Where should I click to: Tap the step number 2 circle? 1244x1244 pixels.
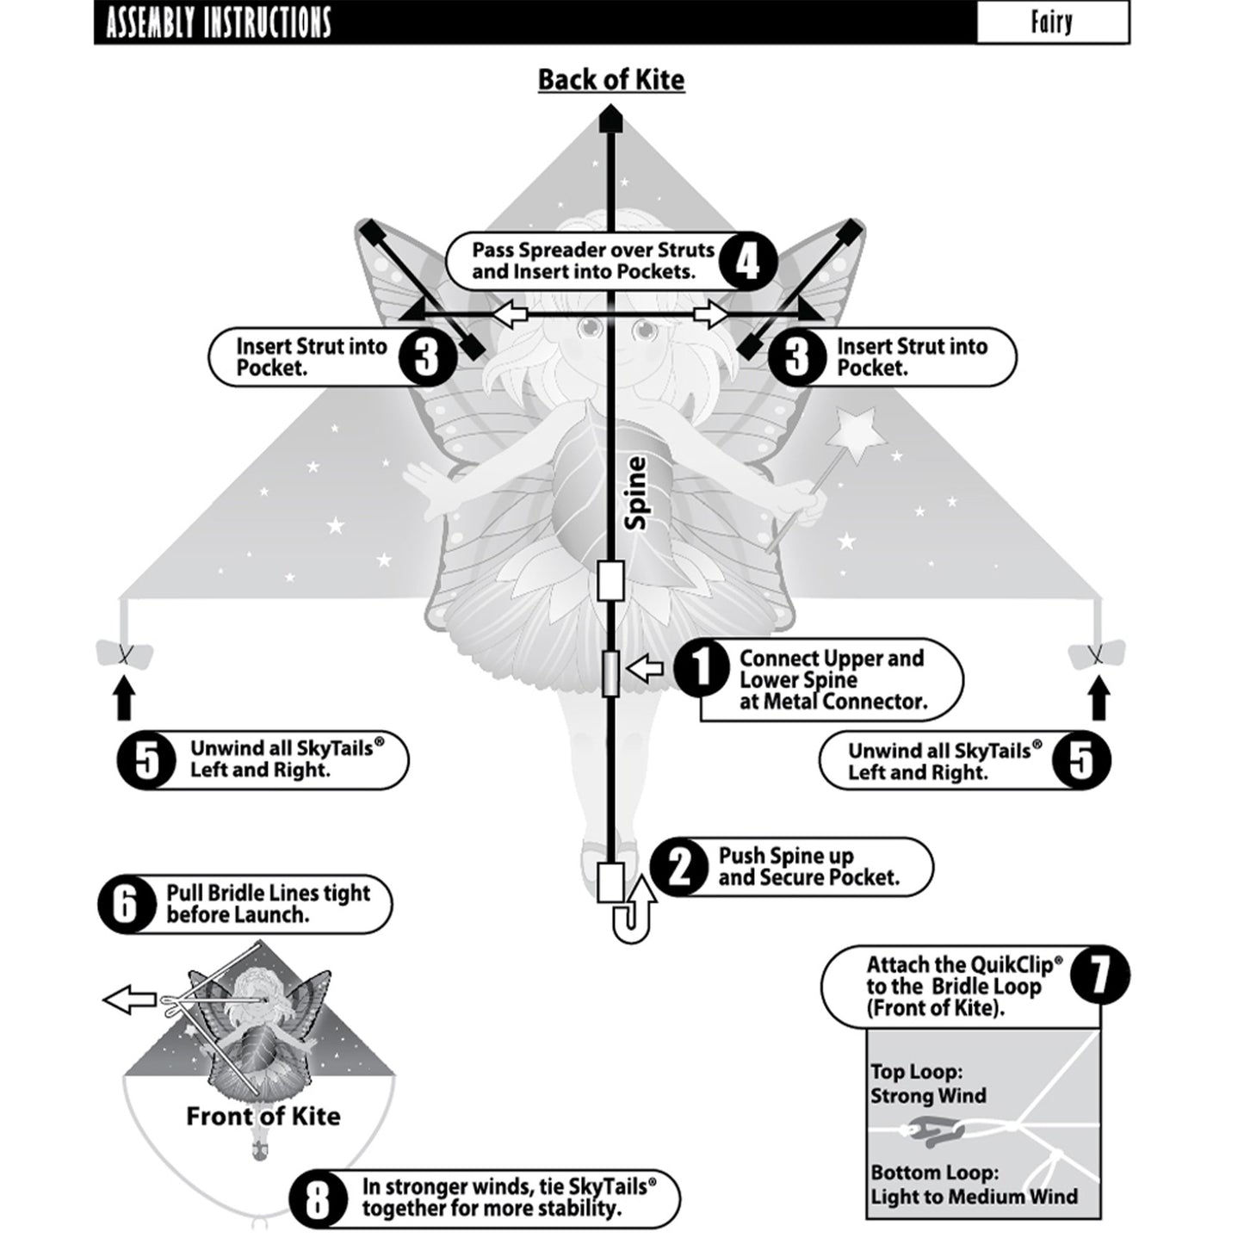pyautogui.click(x=680, y=869)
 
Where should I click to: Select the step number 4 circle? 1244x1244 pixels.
pyautogui.click(x=747, y=261)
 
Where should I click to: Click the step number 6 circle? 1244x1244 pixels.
pyautogui.click(x=127, y=904)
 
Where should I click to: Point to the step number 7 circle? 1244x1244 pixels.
pyautogui.click(x=1099, y=976)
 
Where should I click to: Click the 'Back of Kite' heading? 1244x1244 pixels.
pyautogui.click(x=611, y=80)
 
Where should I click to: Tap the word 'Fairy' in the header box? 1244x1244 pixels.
pyautogui.click(x=1052, y=22)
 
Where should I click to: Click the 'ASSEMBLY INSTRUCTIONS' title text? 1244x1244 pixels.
pyautogui.click(x=219, y=23)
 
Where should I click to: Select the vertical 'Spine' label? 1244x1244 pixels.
pyautogui.click(x=636, y=493)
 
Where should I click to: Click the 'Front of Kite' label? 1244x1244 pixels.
pyautogui.click(x=263, y=1117)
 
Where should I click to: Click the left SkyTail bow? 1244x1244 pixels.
pyautogui.click(x=124, y=655)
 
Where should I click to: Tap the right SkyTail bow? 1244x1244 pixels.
pyautogui.click(x=1097, y=655)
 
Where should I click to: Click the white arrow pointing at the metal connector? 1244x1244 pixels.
pyautogui.click(x=644, y=667)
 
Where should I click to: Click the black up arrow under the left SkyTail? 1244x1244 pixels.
pyautogui.click(x=124, y=698)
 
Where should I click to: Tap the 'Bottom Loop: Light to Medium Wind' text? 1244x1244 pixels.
pyautogui.click(x=973, y=1185)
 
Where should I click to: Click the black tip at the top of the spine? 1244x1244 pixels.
pyautogui.click(x=610, y=119)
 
